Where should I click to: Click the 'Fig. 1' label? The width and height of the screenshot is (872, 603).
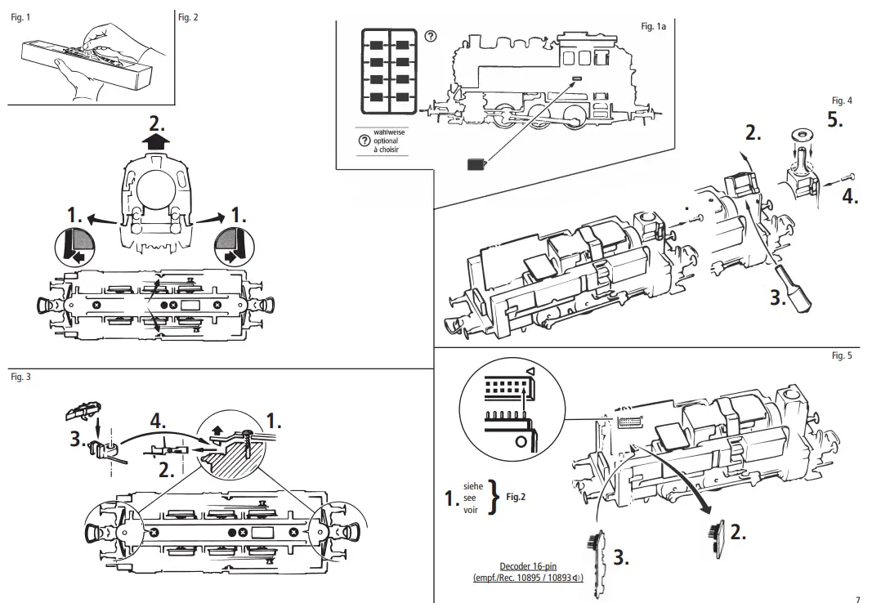[x=20, y=17]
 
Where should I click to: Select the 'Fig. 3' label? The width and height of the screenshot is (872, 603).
[x=20, y=377]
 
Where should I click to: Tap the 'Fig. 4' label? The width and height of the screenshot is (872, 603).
[x=841, y=100]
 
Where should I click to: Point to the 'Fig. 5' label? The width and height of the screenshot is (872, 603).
[x=841, y=355]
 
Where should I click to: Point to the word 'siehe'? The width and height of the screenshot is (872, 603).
[x=474, y=485]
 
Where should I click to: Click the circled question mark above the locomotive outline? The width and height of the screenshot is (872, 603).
[x=431, y=37]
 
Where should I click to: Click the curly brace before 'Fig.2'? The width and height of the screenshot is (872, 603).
[x=493, y=497]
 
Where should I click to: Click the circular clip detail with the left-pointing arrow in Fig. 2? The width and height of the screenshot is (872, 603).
[x=72, y=244]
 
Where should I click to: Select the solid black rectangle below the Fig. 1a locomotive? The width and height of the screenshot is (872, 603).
[x=476, y=164]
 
